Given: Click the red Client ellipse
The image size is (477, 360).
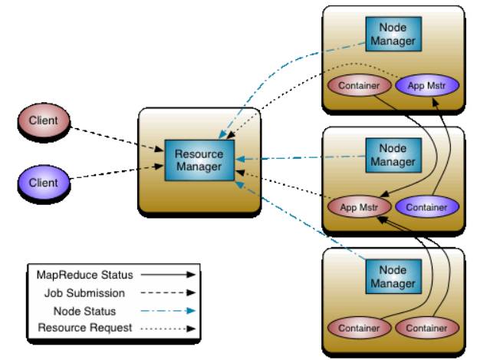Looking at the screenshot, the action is (44, 121).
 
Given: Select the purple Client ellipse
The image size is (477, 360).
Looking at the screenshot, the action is (44, 183).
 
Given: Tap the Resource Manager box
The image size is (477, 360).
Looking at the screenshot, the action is (199, 160).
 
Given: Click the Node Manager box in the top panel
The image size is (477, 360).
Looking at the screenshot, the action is (393, 34).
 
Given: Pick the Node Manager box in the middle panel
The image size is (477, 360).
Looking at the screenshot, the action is (393, 155).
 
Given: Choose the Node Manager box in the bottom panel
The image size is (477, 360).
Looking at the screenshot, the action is (393, 276).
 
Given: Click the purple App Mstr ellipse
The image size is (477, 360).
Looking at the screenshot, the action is (427, 85).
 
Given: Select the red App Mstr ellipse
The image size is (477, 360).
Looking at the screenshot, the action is (359, 207).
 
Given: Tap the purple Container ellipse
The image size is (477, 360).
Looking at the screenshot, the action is (427, 207).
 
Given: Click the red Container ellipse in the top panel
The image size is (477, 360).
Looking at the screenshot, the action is (359, 85).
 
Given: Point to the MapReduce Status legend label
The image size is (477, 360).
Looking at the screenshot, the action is (85, 275).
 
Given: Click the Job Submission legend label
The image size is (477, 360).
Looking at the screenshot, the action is (85, 293).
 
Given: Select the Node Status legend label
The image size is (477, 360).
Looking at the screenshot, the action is (85, 312).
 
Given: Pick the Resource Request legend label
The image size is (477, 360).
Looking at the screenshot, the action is (85, 328).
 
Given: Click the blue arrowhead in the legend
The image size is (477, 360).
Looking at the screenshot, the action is (191, 311).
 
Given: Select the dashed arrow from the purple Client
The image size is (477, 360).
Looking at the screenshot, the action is (117, 172).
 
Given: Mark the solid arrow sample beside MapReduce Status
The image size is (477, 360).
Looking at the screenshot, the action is (168, 275).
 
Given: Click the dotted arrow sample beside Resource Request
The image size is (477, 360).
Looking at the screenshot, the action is (168, 329).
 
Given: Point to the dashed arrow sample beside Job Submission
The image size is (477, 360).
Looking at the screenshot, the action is (168, 293).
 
